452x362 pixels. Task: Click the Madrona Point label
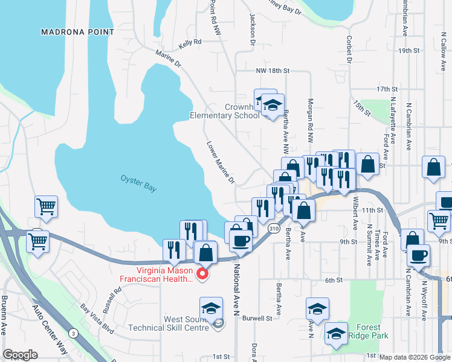77,31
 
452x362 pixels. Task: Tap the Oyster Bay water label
138,183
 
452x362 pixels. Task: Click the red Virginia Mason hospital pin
203,275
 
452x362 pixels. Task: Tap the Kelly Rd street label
190,45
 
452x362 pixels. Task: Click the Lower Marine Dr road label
220,163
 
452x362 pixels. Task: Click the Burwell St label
258,317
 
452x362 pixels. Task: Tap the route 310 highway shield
275,228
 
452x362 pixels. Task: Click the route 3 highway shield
73,333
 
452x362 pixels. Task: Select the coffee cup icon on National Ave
241,241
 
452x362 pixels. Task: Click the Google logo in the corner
20,355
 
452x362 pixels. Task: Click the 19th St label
408,51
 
